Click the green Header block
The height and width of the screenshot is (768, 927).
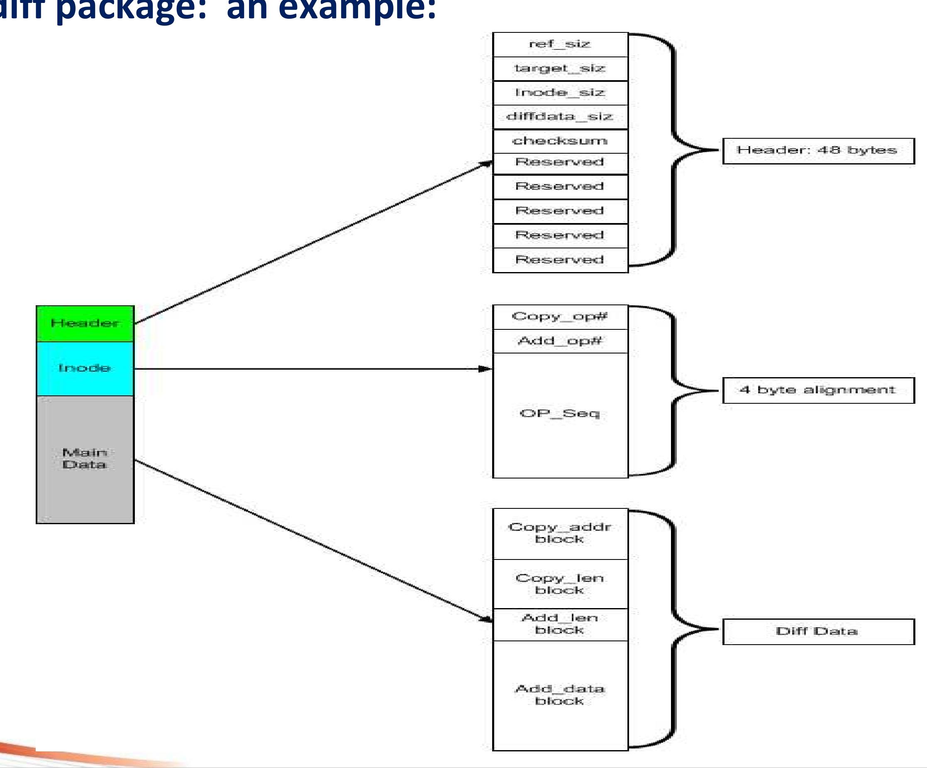85,324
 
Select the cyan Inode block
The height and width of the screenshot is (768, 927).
85,368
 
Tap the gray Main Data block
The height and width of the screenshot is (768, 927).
85,459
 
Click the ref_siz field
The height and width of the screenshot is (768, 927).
560,44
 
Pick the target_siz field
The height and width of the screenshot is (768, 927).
560,69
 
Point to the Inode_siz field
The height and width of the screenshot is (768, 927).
560,93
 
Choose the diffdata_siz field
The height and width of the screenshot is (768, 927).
560,117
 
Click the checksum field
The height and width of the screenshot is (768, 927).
560,141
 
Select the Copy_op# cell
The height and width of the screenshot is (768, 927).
560,317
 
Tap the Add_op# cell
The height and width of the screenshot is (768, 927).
560,341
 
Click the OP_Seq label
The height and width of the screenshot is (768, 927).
560,414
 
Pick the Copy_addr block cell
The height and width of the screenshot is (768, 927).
560,533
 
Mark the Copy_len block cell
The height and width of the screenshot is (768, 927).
560,584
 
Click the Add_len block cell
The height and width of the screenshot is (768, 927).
560,624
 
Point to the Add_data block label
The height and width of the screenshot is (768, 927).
560,694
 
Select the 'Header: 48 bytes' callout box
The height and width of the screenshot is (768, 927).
818,151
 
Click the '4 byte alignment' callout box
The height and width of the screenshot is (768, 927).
818,390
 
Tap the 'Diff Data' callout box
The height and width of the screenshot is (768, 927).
818,631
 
